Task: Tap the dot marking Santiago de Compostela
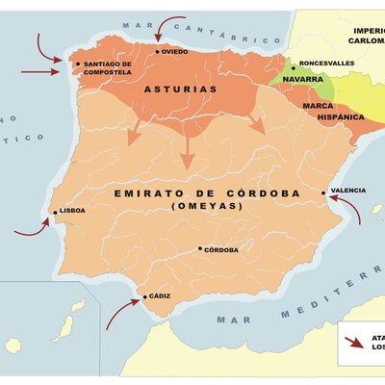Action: [x=78, y=64]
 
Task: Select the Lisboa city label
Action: [x=72, y=210]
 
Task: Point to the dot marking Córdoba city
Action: [x=200, y=248]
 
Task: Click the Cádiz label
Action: [x=160, y=295]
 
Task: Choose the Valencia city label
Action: [x=347, y=191]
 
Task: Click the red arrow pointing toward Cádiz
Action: [x=121, y=313]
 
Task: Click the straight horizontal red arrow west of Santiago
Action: [x=38, y=71]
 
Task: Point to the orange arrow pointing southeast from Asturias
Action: [x=256, y=123]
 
